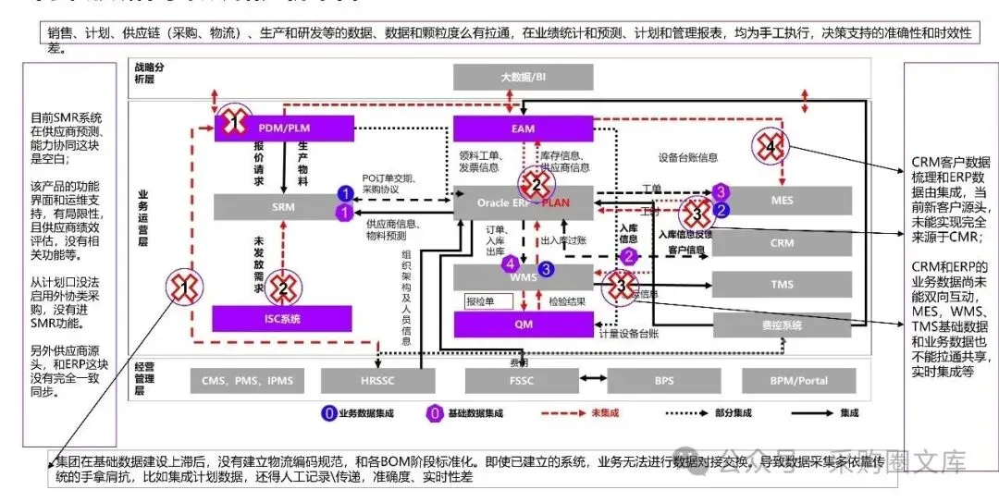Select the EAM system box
tap(523, 129)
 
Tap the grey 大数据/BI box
tap(523, 78)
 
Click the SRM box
tap(283, 207)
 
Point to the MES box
tap(782, 200)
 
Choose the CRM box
tap(782, 243)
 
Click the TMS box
tap(782, 285)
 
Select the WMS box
tap(523, 275)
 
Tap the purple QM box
tap(523, 324)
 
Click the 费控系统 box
tap(782, 325)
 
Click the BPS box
tap(663, 380)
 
